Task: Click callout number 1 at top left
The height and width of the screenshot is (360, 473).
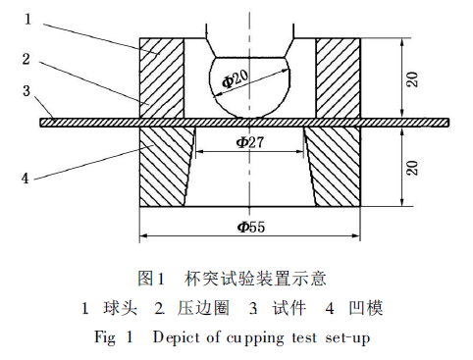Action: pos(28,18)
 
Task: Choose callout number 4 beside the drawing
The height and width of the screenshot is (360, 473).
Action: pos(28,179)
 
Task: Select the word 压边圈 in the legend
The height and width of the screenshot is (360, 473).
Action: pos(200,307)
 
